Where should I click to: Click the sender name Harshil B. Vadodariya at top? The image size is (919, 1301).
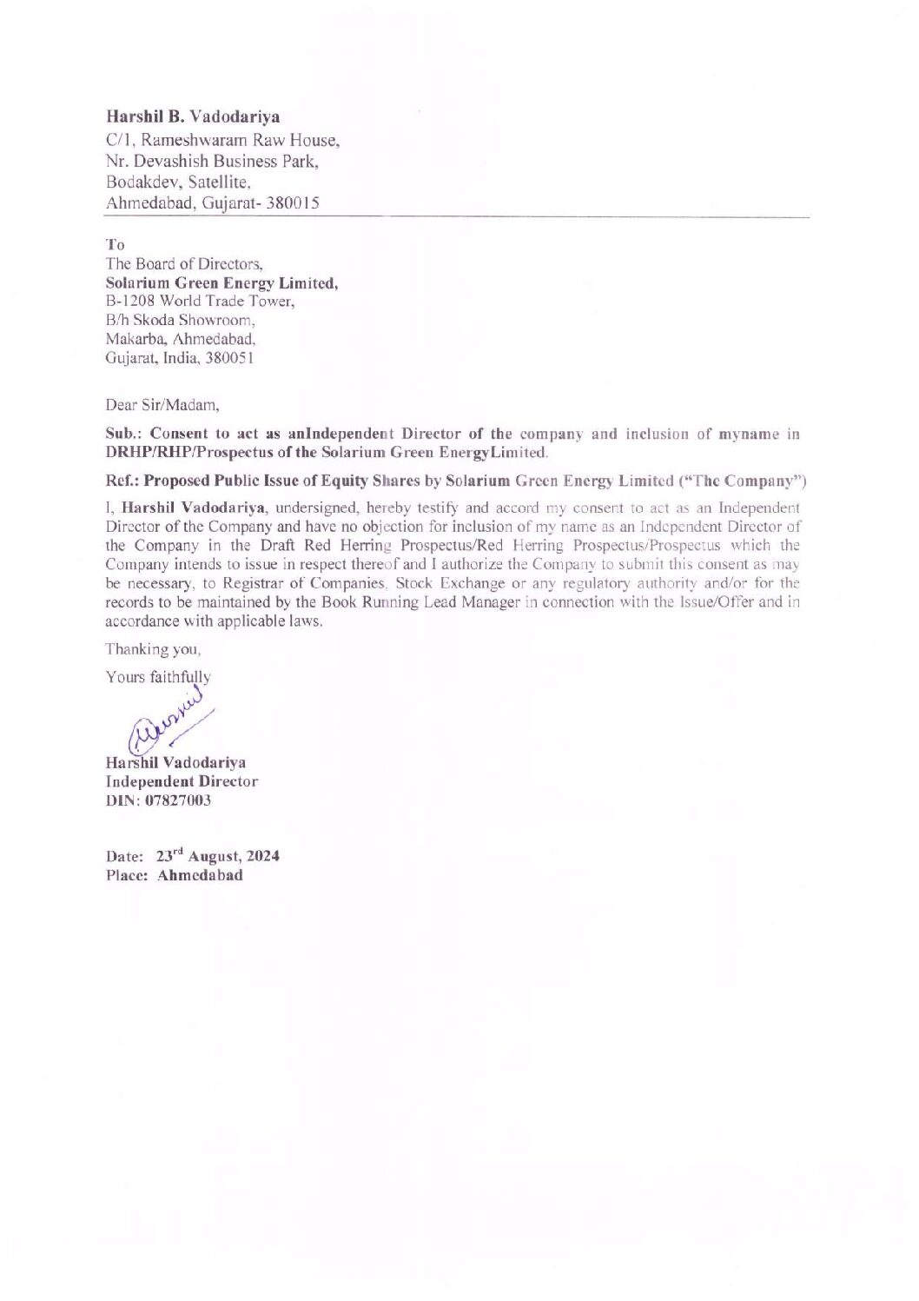point(193,116)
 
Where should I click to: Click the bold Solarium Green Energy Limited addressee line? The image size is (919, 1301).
point(221,282)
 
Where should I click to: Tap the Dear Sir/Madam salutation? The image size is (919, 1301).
point(162,404)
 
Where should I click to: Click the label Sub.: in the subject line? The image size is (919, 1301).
point(122,434)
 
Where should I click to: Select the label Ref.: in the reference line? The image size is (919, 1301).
point(122,480)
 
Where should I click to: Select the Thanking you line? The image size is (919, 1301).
point(153,648)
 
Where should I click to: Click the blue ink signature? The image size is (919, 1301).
point(169,718)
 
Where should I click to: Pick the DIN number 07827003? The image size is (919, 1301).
point(176,800)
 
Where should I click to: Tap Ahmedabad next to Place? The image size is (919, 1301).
point(200,875)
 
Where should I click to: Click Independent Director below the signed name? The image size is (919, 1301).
point(181,781)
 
